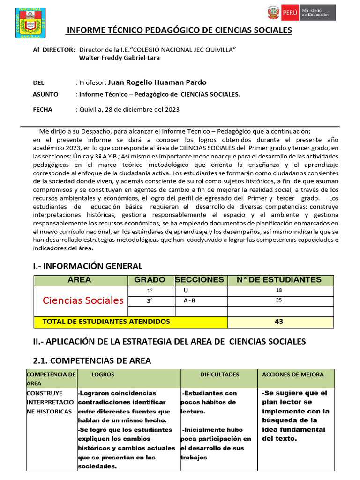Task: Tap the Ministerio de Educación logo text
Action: click(x=315, y=13)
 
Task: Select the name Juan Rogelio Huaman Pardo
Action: click(x=157, y=82)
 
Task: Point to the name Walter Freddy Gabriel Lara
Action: click(x=120, y=58)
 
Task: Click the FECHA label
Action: click(x=43, y=109)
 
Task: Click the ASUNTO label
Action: click(x=45, y=94)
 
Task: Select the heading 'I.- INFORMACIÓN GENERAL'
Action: click(x=88, y=266)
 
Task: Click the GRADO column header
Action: click(x=150, y=280)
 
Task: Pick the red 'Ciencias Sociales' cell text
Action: click(x=83, y=300)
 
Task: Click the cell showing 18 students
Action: click(x=279, y=290)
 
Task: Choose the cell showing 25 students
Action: click(x=279, y=300)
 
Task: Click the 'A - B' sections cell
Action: click(x=189, y=300)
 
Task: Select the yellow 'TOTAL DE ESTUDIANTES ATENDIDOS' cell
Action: click(x=106, y=322)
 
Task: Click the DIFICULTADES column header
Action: click(x=219, y=375)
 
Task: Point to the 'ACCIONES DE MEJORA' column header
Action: click(x=292, y=375)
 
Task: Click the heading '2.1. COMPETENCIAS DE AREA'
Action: click(x=92, y=360)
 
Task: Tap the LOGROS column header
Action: click(x=103, y=375)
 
